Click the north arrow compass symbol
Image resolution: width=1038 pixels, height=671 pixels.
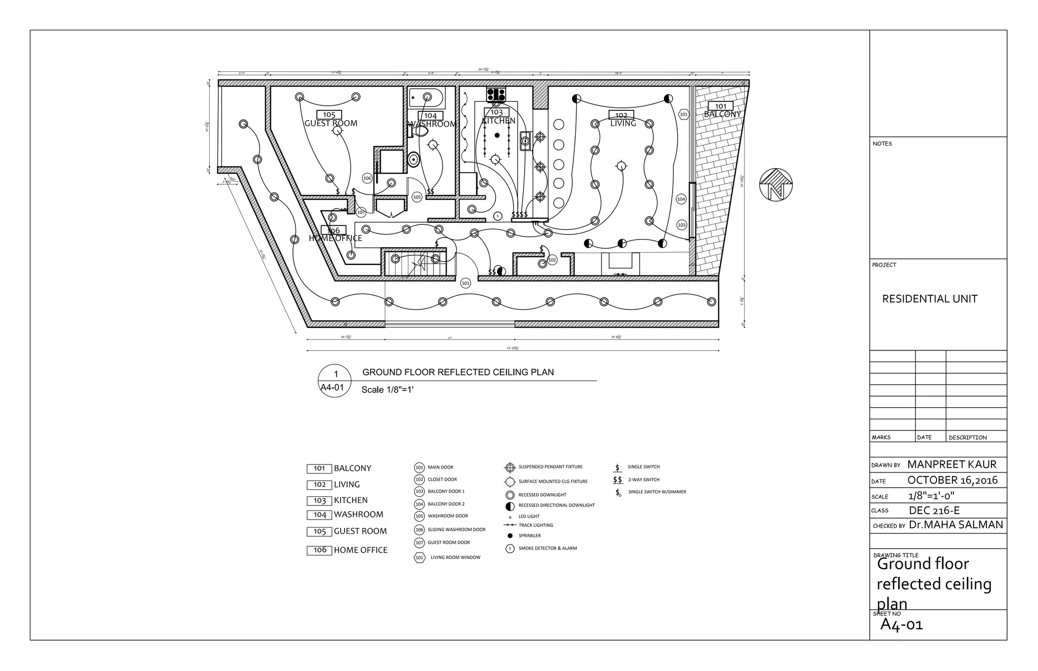[x=775, y=185]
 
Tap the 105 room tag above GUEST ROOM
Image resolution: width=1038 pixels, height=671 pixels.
[x=329, y=115]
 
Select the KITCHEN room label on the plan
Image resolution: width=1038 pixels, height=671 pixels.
[x=498, y=121]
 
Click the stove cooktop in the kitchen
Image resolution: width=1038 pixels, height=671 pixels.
[x=496, y=94]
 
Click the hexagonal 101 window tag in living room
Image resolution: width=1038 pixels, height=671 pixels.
[x=683, y=114]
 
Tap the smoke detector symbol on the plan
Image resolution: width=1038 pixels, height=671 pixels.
[x=497, y=216]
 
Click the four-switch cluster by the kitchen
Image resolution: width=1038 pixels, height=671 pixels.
[x=520, y=215]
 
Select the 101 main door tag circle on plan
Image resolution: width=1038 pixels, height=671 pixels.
[x=465, y=284]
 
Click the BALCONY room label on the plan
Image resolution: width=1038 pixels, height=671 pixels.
[x=722, y=114]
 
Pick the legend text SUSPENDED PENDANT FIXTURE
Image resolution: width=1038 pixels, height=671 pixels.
[x=550, y=467]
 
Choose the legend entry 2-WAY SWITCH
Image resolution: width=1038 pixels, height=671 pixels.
[x=644, y=480]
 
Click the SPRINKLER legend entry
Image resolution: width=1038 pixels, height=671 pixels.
[x=529, y=536]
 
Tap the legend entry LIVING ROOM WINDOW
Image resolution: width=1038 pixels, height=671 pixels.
[x=455, y=558]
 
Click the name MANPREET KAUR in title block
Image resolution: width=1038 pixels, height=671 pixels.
[x=951, y=464]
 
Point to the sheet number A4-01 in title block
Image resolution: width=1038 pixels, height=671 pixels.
[x=901, y=624]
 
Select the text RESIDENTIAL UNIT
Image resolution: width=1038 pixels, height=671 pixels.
[x=930, y=299]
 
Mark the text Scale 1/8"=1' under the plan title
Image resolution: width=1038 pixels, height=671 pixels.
[x=387, y=390]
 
